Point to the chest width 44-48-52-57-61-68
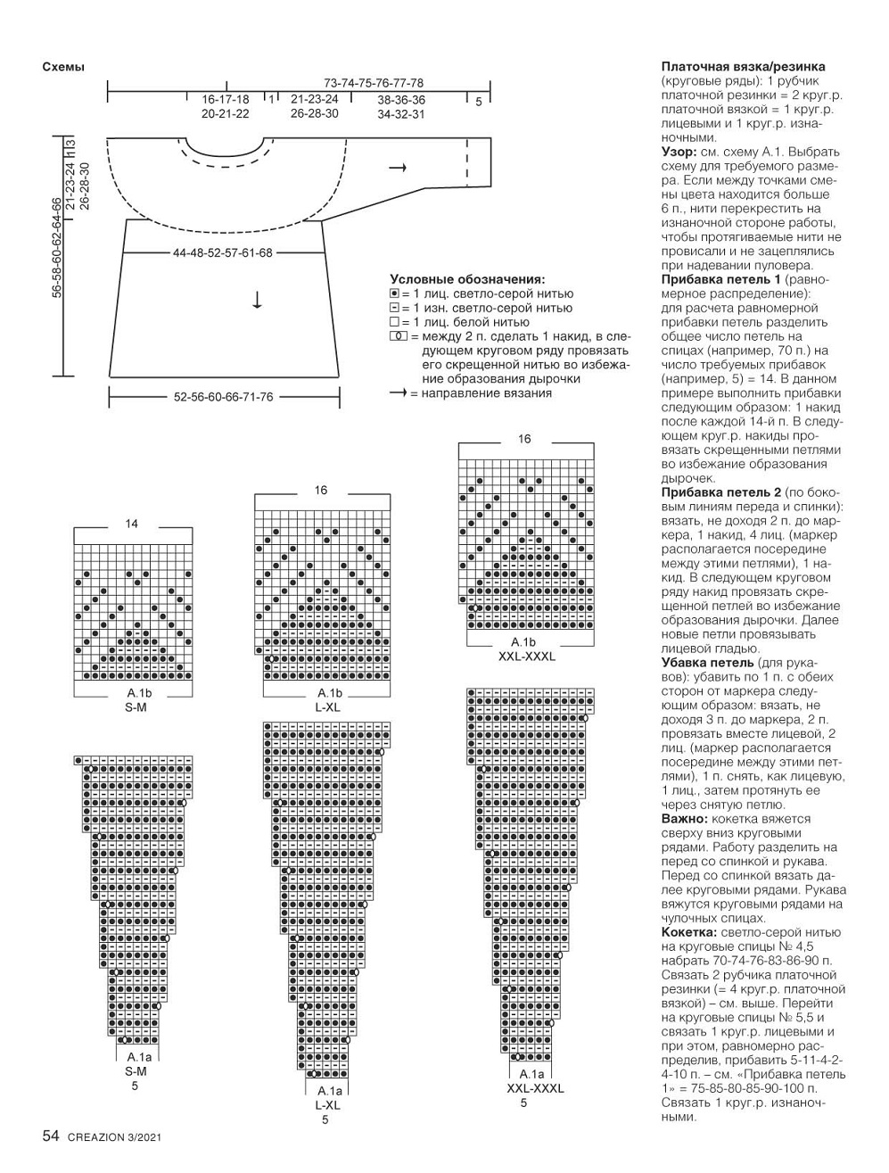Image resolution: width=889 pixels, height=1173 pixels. [223, 253]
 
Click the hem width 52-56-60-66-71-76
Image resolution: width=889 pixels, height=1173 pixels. [224, 397]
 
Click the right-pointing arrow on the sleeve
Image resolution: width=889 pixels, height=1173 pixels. [399, 168]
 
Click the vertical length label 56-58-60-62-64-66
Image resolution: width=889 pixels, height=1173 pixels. [57, 247]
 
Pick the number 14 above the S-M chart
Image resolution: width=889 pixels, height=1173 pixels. [132, 524]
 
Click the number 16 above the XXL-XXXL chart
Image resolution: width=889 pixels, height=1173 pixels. [524, 439]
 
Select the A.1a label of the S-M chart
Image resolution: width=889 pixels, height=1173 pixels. [136, 1058]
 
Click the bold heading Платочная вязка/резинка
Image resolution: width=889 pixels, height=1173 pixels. [743, 67]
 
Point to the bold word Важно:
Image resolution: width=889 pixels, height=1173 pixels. [685, 818]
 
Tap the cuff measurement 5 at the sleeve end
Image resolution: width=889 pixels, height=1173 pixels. [478, 103]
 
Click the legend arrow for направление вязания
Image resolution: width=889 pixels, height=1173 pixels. [399, 392]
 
